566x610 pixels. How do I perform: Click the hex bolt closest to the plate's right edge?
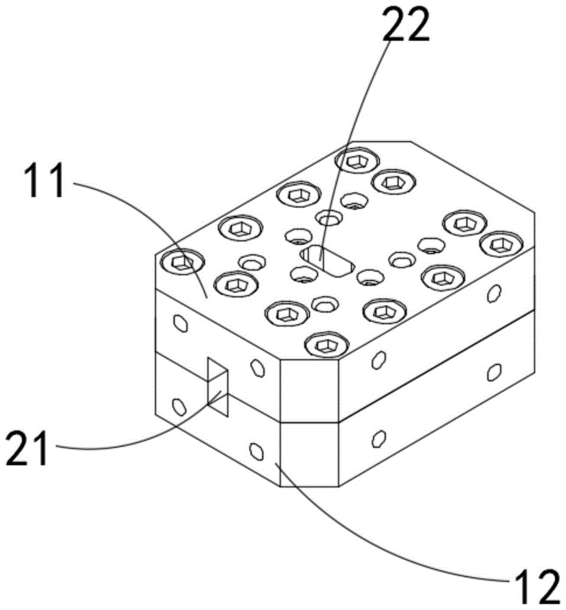[502, 243]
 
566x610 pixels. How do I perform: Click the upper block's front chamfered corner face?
[310, 390]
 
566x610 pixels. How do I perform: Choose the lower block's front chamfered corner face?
[310, 454]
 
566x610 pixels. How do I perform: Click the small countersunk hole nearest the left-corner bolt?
[252, 263]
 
